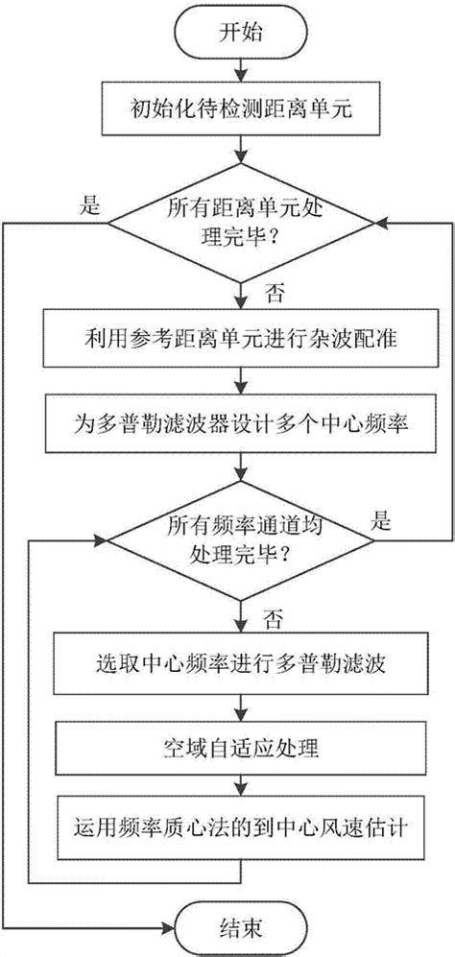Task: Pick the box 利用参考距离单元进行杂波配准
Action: pos(239,337)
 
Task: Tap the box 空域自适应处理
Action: pos(239,744)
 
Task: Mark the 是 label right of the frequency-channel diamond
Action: pos(383,522)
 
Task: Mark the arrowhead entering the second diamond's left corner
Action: pos(100,540)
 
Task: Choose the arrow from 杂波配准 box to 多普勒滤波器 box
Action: pos(239,379)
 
